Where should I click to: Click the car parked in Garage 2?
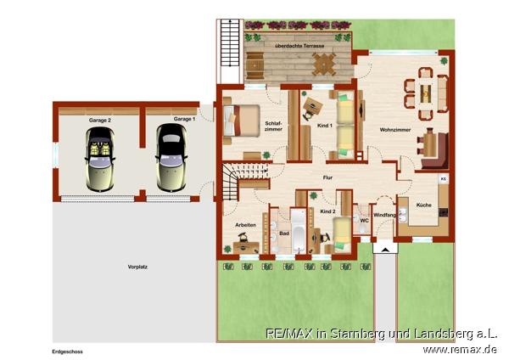pos(100,160)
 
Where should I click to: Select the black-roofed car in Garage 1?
pos(171,158)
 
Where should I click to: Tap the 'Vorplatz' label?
pos(137,267)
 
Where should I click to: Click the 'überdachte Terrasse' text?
pos(299,46)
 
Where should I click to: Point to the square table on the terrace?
pos(324,65)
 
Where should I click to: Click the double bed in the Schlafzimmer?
pos(242,121)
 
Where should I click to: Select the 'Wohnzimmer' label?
pos(395,130)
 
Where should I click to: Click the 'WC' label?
pos(365,221)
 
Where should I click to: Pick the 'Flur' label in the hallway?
pos(327,177)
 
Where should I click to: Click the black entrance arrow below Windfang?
pos(385,250)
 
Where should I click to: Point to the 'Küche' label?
pos(423,205)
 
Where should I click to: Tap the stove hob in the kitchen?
pos(444,212)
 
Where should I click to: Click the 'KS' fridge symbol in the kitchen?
pos(444,179)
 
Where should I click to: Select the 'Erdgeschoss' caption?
pos(68,352)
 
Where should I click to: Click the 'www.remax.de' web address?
pos(459,350)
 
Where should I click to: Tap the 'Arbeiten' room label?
pos(245,225)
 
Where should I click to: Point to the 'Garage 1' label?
pos(184,119)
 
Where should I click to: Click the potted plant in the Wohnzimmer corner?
pos(444,61)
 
